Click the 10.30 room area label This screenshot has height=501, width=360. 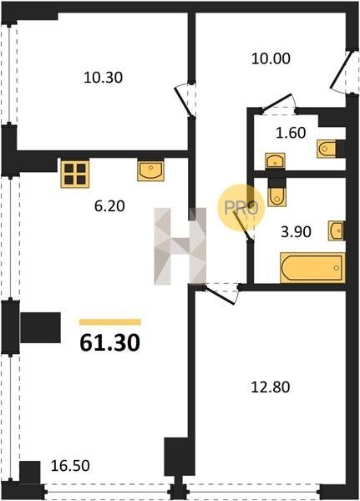tap(103, 78)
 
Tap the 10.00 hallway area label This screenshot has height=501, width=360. tap(271, 58)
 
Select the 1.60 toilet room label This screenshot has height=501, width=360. tap(291, 133)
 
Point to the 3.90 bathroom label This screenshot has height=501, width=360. tap(296, 231)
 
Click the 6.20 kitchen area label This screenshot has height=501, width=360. tap(109, 206)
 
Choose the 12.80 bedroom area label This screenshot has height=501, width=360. tap(271, 387)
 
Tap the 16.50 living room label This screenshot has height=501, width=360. tap(70, 466)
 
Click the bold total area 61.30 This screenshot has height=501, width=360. tap(110, 343)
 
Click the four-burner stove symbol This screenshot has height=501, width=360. tap(75, 174)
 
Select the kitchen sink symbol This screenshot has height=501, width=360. tap(150, 171)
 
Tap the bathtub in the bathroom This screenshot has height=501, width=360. tap(312, 268)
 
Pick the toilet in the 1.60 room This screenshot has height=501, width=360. tap(327, 149)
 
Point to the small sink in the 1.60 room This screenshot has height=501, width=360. tap(275, 160)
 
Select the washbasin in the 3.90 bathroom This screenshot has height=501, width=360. tap(336, 230)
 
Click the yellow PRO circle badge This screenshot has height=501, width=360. tap(241, 208)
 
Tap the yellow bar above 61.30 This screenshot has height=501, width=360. tap(110, 322)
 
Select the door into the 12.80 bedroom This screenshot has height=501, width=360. tap(221, 293)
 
